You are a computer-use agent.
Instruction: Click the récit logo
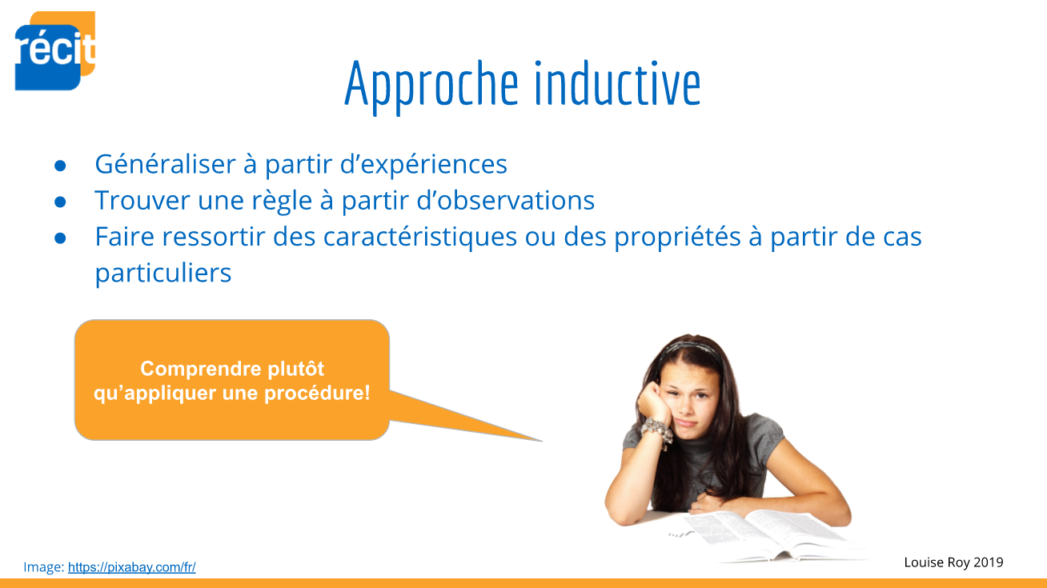click(55, 50)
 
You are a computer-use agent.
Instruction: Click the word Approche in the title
click(431, 86)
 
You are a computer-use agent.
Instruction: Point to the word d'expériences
click(423, 164)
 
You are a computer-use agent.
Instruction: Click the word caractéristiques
click(420, 237)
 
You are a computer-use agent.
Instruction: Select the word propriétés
click(677, 237)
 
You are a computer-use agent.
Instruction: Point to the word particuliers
click(163, 274)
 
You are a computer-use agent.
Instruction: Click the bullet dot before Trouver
click(60, 202)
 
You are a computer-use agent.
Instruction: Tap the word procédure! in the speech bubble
click(317, 394)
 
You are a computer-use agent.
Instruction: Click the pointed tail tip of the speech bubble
click(541, 441)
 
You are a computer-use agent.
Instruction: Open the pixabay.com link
click(132, 567)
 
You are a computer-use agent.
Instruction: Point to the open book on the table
click(767, 534)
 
